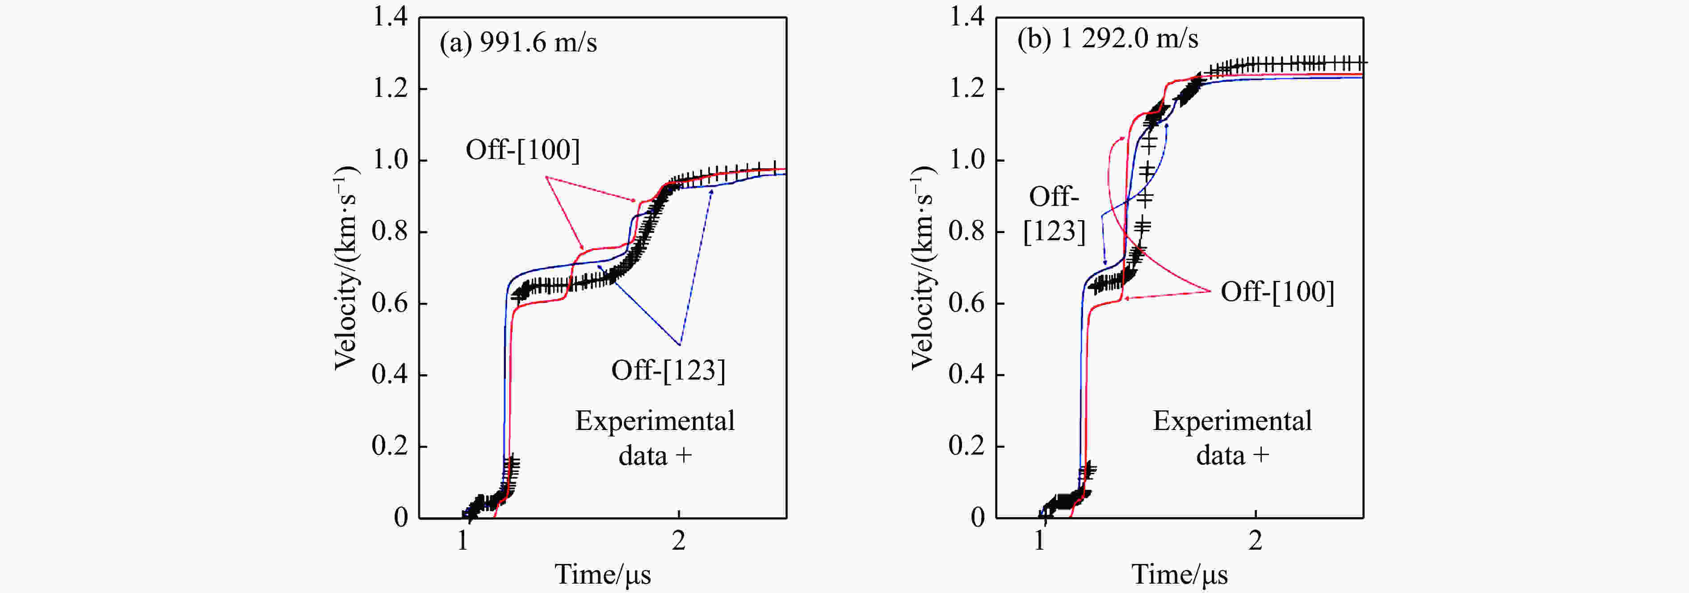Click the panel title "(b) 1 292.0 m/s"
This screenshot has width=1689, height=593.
[1107, 39]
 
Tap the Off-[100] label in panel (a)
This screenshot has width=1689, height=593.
[523, 150]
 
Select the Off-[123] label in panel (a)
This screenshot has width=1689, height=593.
[668, 371]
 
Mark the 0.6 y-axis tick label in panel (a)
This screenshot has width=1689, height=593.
[390, 303]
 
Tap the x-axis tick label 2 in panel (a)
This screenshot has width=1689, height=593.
[679, 541]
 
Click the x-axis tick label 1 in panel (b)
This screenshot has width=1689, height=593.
[1040, 541]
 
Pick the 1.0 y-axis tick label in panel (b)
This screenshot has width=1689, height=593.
[967, 160]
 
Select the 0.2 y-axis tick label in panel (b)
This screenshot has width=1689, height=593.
[967, 446]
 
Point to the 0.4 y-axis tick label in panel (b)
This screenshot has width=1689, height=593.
[967, 375]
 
